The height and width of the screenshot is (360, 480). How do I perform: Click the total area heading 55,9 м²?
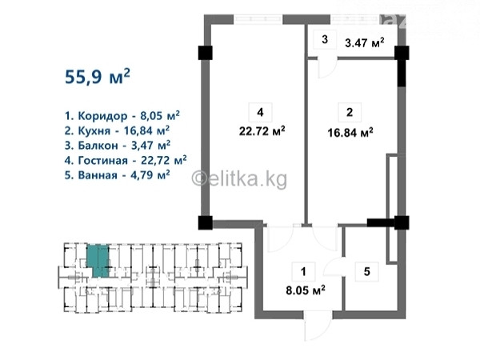point(98,76)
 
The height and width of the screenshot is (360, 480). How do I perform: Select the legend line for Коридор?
point(122,116)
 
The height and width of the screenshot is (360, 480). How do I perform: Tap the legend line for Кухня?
point(117,130)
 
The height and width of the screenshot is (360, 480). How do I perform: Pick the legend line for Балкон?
point(118,145)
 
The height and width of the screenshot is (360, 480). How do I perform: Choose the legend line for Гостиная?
point(126,160)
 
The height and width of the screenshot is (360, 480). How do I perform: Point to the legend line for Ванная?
point(118,174)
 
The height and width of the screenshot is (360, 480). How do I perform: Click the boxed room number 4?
point(261,112)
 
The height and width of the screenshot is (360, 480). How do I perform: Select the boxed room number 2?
point(350,112)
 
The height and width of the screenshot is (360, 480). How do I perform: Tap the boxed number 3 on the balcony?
point(325,39)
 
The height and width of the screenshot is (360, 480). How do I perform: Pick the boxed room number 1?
point(303,271)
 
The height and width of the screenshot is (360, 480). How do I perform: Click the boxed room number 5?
point(366,271)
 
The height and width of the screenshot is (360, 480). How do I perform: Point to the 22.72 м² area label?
point(262,131)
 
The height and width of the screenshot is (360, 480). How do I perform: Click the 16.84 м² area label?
point(350,133)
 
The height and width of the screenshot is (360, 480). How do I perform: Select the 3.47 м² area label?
point(365,42)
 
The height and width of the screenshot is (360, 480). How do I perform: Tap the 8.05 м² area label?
point(306,290)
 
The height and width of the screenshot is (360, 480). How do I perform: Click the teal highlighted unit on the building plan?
point(98,261)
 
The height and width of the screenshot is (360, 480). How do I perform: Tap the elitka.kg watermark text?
point(239,178)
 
